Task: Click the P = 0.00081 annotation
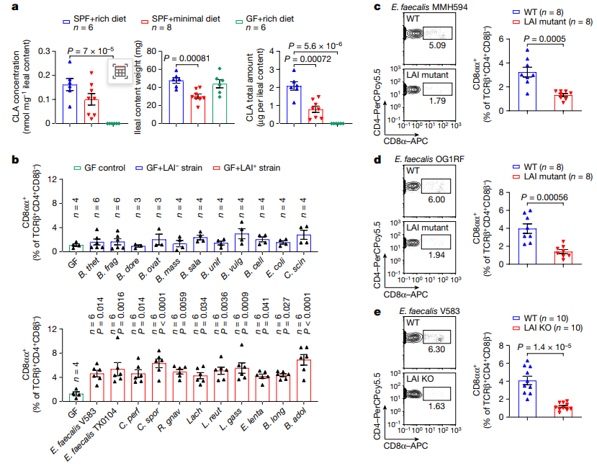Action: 185,58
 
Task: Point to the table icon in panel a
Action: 120,72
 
